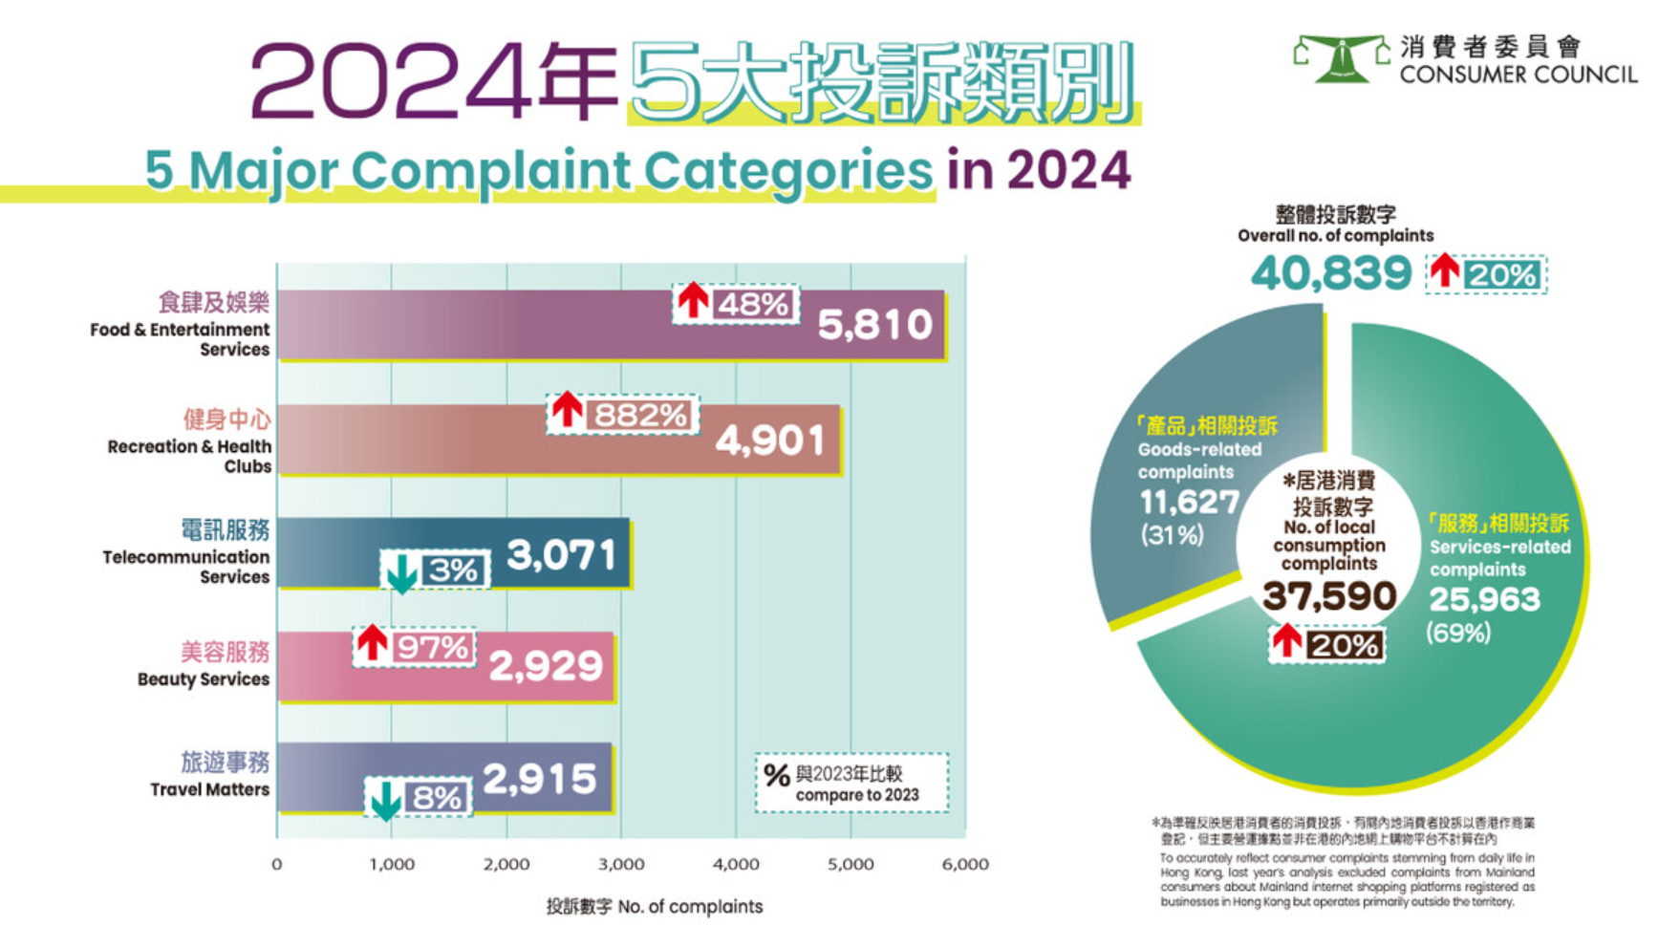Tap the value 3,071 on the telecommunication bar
pyautogui.click(x=561, y=555)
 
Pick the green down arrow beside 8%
pyautogui.click(x=385, y=800)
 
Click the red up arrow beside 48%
pyautogui.click(x=693, y=300)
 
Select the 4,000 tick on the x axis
pyautogui.click(x=736, y=865)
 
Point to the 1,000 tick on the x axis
pyautogui.click(x=392, y=865)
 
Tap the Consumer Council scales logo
pyautogui.click(x=1341, y=58)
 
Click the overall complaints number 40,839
pyautogui.click(x=1330, y=274)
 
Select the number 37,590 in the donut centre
pyautogui.click(x=1329, y=596)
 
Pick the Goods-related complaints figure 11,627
pyautogui.click(x=1189, y=502)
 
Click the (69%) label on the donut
pyautogui.click(x=1458, y=633)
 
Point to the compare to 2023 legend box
pyautogui.click(x=851, y=784)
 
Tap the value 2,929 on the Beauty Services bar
pyautogui.click(x=546, y=666)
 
